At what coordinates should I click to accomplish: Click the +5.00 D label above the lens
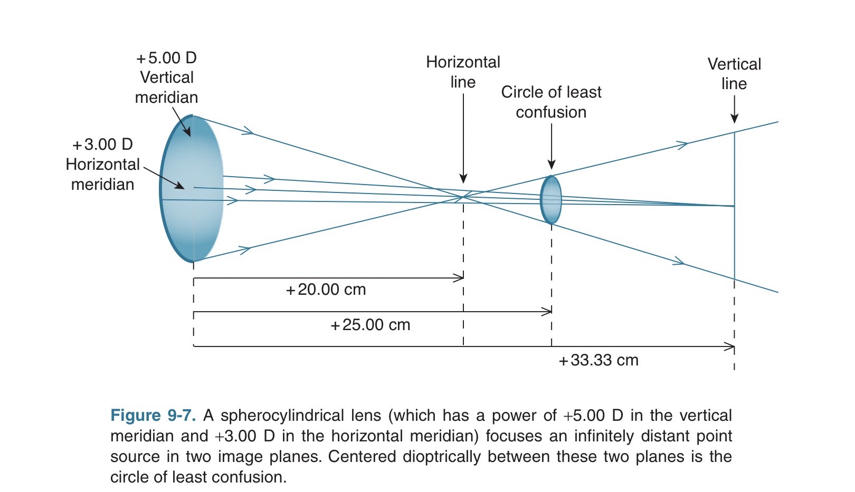pos(166,57)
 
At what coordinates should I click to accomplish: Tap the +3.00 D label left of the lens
pos(102,144)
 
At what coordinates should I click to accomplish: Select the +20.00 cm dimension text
pos(326,290)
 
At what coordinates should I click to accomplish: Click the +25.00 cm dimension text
pos(370,325)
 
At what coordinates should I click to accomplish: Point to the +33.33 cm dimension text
pos(598,360)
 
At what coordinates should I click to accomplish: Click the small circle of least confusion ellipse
pos(551,200)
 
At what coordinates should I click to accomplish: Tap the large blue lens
pos(191,188)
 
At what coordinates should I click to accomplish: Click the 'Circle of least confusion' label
pos(551,102)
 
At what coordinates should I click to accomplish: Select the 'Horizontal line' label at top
pos(463,72)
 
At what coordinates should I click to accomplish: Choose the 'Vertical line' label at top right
pos(734,74)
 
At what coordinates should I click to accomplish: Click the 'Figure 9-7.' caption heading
pos(153,416)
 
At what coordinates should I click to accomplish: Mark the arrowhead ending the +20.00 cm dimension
pos(460,278)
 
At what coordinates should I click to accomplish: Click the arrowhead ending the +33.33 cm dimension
pos(730,346)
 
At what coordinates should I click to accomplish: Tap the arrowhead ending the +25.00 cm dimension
pos(548,312)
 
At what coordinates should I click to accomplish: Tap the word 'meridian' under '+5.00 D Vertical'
pos(166,98)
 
